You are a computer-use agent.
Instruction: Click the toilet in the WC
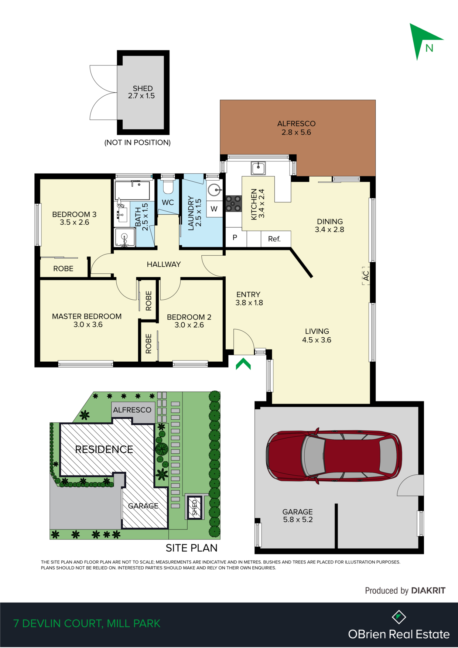point(168,187)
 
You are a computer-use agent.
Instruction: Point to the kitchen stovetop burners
point(233,204)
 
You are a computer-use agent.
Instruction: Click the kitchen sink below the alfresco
point(258,168)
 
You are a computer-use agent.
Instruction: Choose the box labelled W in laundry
point(214,209)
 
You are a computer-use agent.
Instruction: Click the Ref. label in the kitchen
point(274,239)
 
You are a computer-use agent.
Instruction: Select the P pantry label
point(235,238)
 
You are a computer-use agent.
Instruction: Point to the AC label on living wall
point(366,276)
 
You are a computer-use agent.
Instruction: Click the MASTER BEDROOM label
point(87,317)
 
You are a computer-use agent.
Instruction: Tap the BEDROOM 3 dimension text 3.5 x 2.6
point(75,222)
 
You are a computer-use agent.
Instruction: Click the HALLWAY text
point(164,265)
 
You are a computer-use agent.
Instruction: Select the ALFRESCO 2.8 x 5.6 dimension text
point(296,132)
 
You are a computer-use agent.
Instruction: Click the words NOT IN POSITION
point(137,143)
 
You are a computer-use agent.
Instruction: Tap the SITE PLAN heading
point(191,548)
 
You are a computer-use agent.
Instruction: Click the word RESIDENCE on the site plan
point(104,449)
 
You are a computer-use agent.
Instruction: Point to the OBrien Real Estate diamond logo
point(399,617)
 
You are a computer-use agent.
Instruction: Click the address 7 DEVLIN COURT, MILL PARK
point(87,624)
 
